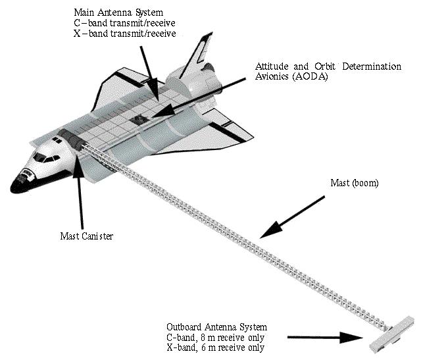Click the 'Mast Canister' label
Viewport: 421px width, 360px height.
[x=82, y=236]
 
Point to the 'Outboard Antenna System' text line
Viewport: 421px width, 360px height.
[x=216, y=327]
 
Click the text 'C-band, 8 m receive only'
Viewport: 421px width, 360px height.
[x=218, y=337]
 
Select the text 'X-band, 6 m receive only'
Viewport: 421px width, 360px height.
[x=218, y=347]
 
